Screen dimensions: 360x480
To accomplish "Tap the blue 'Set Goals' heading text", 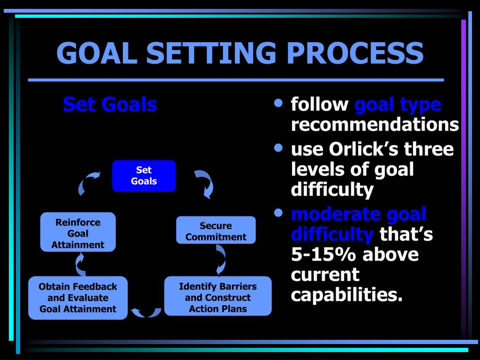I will [110, 104].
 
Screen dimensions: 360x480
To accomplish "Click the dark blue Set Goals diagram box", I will [144, 176].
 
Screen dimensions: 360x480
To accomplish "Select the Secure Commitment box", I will [216, 230].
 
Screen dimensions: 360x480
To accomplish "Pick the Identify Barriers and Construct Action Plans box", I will [218, 298].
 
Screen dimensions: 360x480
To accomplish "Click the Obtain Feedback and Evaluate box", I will [78, 298].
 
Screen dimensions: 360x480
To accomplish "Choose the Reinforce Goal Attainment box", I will [78, 232].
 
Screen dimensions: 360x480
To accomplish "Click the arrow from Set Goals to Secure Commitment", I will [205, 183].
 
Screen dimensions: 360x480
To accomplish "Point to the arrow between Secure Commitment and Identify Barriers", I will [219, 260].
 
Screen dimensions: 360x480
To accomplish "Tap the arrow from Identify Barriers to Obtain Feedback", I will [146, 312].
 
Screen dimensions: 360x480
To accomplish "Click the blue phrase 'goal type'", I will [397, 104].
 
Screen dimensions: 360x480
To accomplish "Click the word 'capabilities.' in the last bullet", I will [347, 295].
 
